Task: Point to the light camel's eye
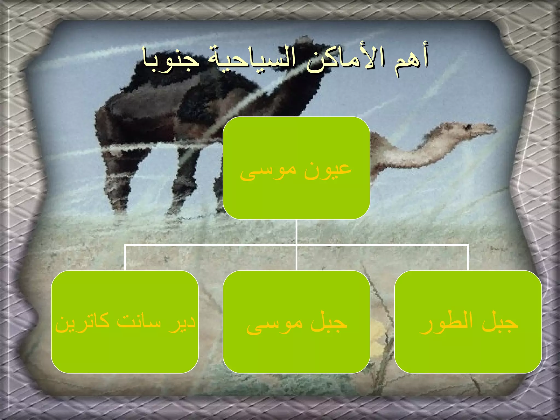(x=468, y=127)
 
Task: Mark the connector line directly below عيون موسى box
(x=296, y=232)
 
